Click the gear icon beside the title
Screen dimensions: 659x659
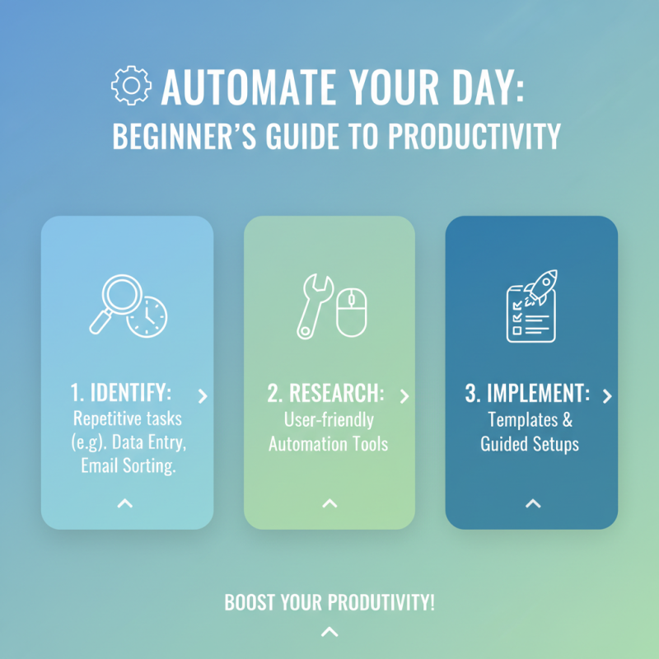click(x=131, y=86)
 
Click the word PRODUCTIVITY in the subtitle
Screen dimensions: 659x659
click(x=469, y=137)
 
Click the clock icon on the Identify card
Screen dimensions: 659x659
click(x=146, y=315)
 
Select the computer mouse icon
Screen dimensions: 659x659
click(x=351, y=311)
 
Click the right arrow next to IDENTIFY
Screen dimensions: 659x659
click(x=203, y=396)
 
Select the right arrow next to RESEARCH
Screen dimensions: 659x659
click(x=404, y=396)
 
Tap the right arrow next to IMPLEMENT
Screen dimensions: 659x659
click(x=607, y=396)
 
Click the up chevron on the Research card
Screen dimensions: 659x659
click(x=329, y=502)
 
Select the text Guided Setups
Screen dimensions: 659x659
click(x=530, y=444)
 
